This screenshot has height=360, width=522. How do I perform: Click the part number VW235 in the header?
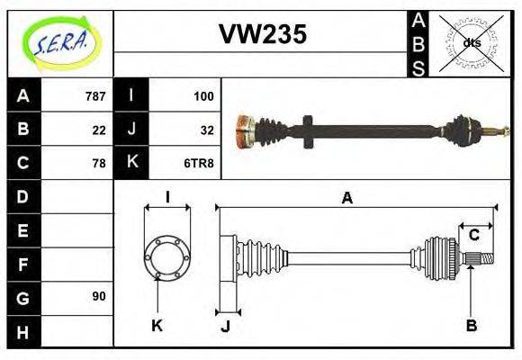click(263, 35)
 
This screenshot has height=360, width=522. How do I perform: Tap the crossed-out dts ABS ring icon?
click(472, 43)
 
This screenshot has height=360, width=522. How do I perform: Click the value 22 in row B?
click(99, 130)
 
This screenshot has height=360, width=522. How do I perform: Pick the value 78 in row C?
click(99, 163)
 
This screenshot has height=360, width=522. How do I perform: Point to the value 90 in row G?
click(99, 296)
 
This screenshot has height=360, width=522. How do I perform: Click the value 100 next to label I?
click(202, 96)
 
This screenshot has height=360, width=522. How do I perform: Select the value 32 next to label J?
click(206, 130)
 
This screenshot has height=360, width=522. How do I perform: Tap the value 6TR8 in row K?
click(199, 163)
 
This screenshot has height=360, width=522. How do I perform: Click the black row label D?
click(22, 196)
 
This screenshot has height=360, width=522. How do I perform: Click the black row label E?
click(22, 230)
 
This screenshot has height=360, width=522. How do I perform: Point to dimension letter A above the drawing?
click(346, 199)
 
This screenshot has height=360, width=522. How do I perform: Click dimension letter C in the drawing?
click(473, 236)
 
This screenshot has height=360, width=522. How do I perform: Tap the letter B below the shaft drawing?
click(471, 325)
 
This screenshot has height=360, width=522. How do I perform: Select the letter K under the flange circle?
click(157, 325)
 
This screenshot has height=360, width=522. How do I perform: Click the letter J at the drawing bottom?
click(225, 326)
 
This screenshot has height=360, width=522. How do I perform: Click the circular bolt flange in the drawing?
click(166, 256)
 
